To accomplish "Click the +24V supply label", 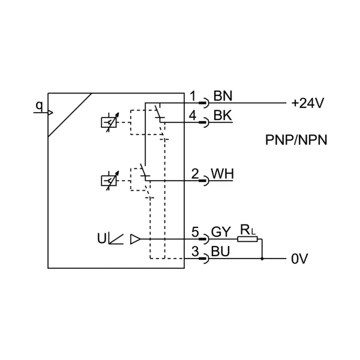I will click(x=307, y=103).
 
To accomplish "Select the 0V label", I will click(x=299, y=260).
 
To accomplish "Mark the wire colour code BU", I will click(x=221, y=252).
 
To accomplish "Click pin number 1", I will click(x=193, y=96).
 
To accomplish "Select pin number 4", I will click(x=193, y=115).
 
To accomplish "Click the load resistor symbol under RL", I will click(x=247, y=239).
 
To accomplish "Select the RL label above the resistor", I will click(x=247, y=229).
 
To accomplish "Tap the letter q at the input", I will click(x=39, y=106).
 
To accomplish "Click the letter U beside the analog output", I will click(x=101, y=238).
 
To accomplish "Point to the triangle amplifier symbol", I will click(x=135, y=239).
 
